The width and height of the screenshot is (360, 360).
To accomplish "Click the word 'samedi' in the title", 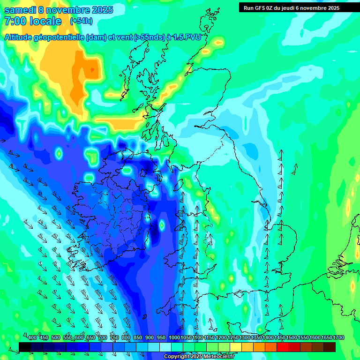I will (x=21, y=10).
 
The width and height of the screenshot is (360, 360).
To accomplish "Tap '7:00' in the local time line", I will (x=15, y=21).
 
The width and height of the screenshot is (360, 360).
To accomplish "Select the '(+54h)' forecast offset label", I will (x=81, y=21).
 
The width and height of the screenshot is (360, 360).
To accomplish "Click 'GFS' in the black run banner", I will (x=260, y=8).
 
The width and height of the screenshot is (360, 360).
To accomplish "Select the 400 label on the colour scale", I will (x=32, y=338).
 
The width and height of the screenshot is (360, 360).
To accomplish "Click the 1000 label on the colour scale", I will (x=174, y=338).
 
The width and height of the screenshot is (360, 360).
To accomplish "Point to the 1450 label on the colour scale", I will (x=280, y=338).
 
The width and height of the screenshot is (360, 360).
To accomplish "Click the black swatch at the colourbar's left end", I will (x=25, y=347).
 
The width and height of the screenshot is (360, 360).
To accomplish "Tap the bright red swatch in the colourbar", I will (x=283, y=347).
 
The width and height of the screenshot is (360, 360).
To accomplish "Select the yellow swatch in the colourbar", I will (x=236, y=347).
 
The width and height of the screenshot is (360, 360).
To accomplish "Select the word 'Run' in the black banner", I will (x=248, y=8).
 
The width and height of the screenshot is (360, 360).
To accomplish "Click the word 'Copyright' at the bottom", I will (x=176, y=357).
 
